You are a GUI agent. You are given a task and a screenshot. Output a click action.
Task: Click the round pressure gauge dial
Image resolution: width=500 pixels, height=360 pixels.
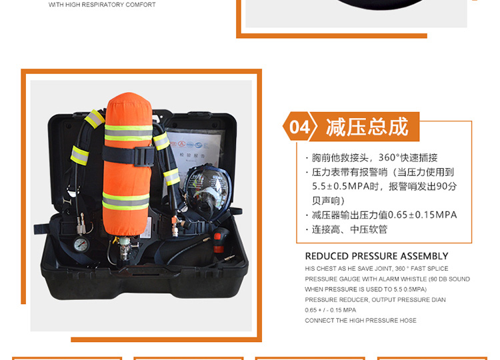(81, 245)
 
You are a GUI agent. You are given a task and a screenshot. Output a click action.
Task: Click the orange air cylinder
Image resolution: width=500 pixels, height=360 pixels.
(128, 164)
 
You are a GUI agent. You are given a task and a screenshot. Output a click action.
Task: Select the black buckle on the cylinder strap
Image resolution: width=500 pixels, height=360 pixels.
(145, 156)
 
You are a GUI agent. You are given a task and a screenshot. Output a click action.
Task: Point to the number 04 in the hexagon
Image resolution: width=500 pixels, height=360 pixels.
(299, 127)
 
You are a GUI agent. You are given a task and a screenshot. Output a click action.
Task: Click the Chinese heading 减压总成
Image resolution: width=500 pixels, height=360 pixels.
(367, 127)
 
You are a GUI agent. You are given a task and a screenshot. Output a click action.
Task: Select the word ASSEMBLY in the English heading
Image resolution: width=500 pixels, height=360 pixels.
(425, 256)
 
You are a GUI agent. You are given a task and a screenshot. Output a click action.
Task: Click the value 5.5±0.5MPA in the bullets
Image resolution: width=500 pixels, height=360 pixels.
(341, 186)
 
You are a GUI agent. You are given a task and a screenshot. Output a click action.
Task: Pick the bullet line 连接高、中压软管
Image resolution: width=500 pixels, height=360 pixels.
(349, 229)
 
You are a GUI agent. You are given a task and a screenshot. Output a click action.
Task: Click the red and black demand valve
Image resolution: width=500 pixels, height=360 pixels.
(220, 240)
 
